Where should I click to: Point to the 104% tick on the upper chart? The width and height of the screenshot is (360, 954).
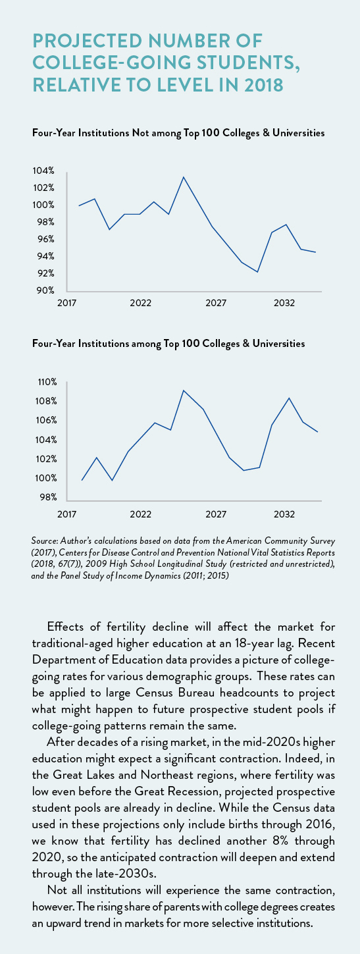[43, 171]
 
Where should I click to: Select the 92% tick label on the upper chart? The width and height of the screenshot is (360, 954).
[43, 273]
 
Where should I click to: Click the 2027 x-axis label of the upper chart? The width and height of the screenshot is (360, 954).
[216, 303]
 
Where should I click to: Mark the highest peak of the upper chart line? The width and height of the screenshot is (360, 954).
[184, 176]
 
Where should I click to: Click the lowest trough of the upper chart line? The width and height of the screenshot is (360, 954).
[257, 272]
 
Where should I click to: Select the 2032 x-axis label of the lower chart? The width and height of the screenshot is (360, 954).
[284, 514]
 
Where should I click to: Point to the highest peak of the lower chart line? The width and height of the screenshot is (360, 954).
[184, 390]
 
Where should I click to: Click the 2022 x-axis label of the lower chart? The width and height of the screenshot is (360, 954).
[140, 514]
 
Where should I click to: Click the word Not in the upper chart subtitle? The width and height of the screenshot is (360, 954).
[140, 133]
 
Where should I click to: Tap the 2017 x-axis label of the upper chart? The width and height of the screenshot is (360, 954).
[67, 303]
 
